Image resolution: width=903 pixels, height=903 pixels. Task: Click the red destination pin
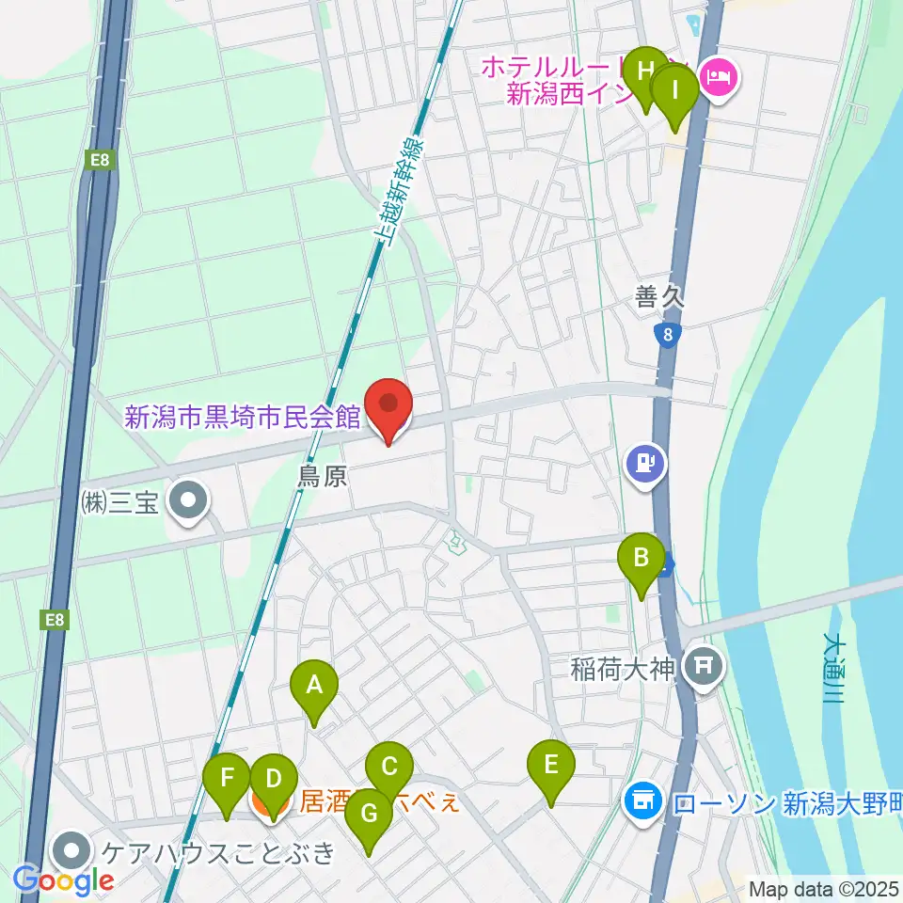pyautogui.click(x=388, y=406)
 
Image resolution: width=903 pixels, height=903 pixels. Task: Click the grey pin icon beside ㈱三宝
pyautogui.click(x=189, y=499)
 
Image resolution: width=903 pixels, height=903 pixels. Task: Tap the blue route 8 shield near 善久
pyautogui.click(x=667, y=335)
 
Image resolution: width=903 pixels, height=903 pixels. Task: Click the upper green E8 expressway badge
pyautogui.click(x=101, y=161)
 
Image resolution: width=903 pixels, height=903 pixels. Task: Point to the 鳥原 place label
pyautogui.click(x=323, y=477)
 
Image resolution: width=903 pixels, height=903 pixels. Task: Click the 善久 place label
pyautogui.click(x=659, y=298)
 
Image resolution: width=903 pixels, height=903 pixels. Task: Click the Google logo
pyautogui.click(x=63, y=880)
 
